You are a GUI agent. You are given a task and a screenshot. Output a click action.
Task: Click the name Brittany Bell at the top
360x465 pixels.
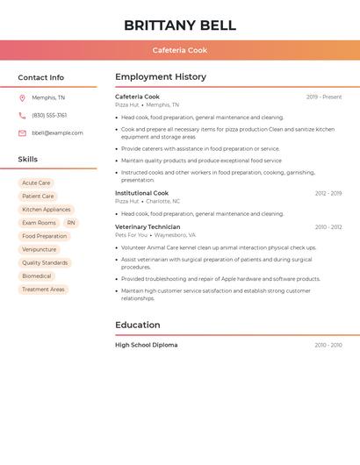(180, 25)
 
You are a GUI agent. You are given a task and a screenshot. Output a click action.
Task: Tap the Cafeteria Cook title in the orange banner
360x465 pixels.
(180, 50)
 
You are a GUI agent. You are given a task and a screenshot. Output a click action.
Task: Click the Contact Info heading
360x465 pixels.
(41, 77)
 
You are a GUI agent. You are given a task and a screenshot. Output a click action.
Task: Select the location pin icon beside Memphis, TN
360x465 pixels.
(22, 98)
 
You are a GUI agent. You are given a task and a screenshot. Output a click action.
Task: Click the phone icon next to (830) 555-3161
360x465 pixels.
(22, 116)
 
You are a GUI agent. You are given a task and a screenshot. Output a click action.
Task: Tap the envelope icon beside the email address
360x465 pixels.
(22, 133)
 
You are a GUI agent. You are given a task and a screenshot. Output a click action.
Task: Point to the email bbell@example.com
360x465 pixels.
(57, 133)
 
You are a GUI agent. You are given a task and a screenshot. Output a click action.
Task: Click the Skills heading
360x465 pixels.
(28, 160)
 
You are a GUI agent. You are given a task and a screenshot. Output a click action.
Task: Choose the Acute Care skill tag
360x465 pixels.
(36, 183)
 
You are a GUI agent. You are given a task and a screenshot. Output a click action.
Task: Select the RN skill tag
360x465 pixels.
(71, 223)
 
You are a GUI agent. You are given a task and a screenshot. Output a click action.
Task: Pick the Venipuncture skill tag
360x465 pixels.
(40, 249)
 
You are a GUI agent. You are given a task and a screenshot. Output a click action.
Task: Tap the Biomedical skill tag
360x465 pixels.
(37, 275)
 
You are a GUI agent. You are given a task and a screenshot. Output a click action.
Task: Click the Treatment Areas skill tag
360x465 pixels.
(43, 289)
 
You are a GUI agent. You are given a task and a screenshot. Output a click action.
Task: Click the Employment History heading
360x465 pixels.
(161, 77)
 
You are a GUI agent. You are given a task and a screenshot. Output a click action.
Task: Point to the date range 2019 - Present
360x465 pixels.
(324, 97)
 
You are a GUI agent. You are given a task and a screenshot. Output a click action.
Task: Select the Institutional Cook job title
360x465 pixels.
(141, 193)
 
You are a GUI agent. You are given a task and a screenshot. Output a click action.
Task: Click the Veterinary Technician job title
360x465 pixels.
(148, 227)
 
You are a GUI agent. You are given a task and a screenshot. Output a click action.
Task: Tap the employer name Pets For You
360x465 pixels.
(132, 235)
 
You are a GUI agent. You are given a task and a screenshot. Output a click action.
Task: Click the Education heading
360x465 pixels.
(138, 325)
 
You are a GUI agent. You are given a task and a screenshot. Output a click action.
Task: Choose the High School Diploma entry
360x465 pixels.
(147, 345)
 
